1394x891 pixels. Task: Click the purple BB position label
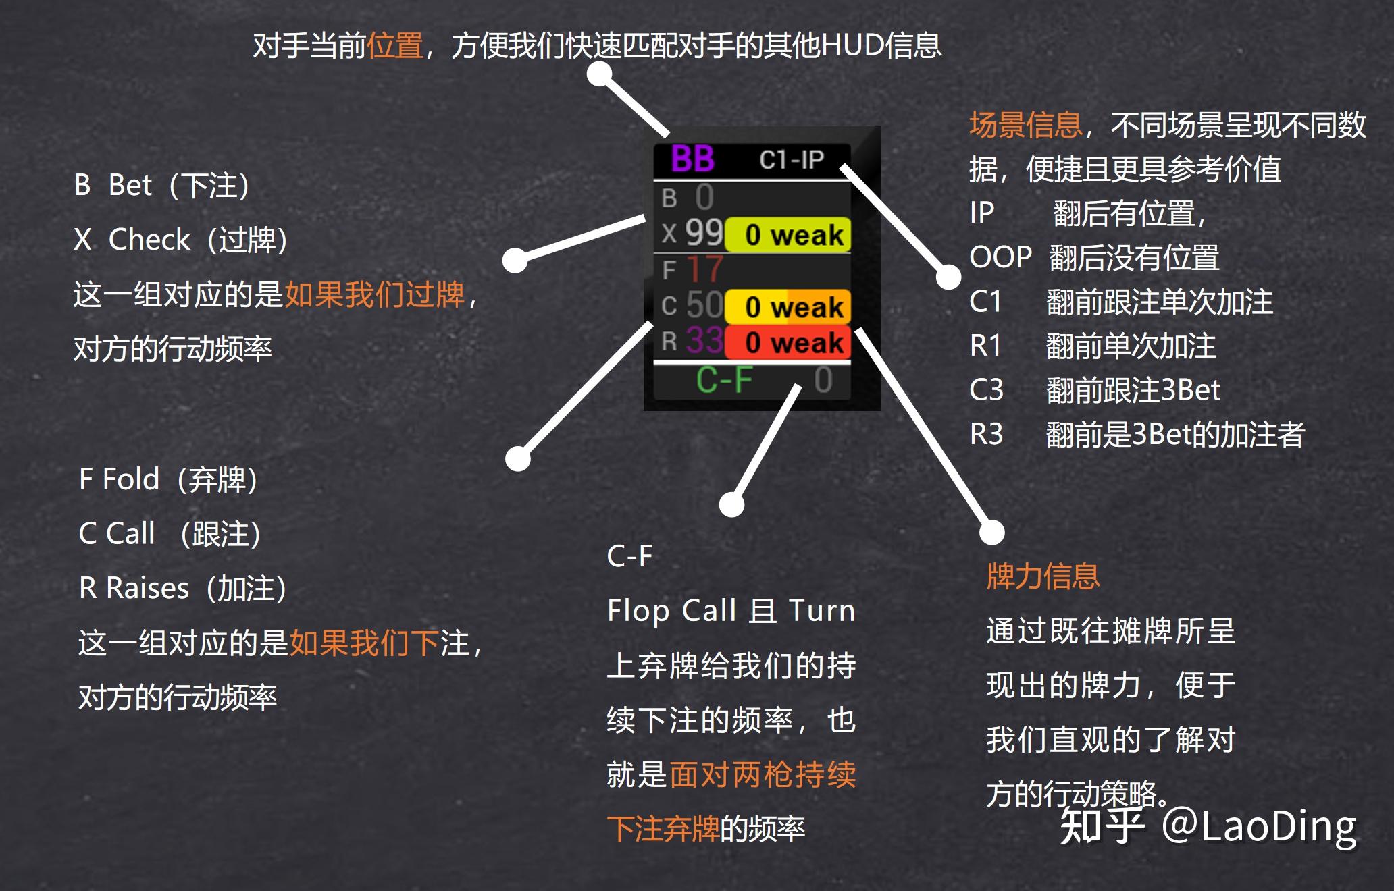pos(692,159)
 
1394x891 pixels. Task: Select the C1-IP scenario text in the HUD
pos(792,160)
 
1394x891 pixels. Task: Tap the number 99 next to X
pos(704,233)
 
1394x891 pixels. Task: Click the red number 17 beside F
pos(704,269)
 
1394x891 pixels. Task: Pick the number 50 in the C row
pos(704,305)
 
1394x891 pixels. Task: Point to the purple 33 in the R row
pos(704,340)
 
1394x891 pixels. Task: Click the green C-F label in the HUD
pos(724,380)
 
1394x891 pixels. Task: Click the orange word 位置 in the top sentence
pos(395,46)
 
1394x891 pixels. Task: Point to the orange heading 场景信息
pos(1025,126)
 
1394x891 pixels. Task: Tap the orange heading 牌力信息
pos(1043,576)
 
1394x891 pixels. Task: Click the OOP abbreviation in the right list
pos(1000,257)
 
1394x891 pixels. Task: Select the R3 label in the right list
pos(986,434)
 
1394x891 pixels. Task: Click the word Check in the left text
pos(149,240)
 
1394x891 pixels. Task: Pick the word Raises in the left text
pos(147,588)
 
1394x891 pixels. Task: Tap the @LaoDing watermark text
pos(1259,826)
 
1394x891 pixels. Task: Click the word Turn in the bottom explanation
pos(822,611)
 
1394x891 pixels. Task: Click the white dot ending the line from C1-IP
pos(948,276)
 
